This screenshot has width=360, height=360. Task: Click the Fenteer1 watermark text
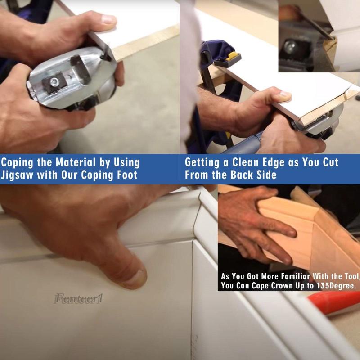pyautogui.click(x=78, y=299)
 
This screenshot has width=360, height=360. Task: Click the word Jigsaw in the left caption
pyautogui.click(x=18, y=175)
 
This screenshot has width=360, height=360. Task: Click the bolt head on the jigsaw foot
pyautogui.click(x=54, y=81)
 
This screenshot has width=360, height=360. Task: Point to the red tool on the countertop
pyautogui.click(x=333, y=302)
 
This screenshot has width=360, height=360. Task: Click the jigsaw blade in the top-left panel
pyautogui.click(x=104, y=54)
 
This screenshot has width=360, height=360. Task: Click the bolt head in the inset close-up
pyautogui.click(x=290, y=48)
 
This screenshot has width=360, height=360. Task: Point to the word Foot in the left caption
pyautogui.click(x=127, y=175)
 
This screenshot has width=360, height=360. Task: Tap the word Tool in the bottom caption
pyautogui.click(x=351, y=276)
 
